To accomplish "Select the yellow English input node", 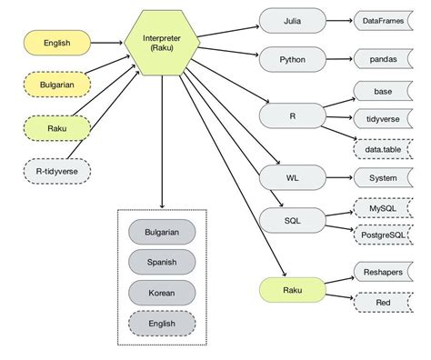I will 56,43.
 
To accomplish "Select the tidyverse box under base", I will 383,117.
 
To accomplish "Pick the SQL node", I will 291,220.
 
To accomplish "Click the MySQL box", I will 383,208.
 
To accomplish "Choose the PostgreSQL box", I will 383,235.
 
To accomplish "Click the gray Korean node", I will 162,293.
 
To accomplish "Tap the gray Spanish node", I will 162,263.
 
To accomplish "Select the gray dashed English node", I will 162,323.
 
